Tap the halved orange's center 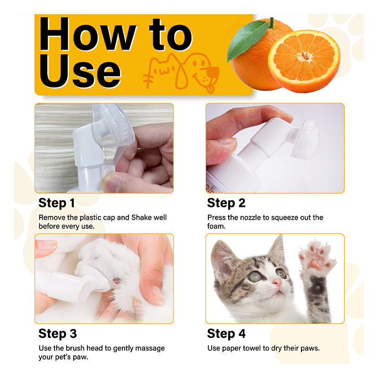[x=305, y=56]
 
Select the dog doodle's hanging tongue [x=210, y=88]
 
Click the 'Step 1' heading [x=56, y=203]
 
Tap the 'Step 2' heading [x=226, y=203]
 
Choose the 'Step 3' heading [x=57, y=334]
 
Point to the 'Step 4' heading [x=226, y=334]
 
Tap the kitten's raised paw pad [x=316, y=264]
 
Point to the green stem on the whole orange [x=272, y=23]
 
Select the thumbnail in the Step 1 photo [x=111, y=184]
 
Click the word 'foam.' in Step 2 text [x=216, y=226]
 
